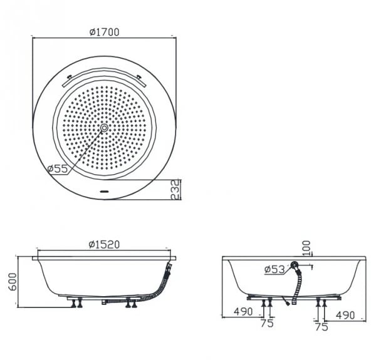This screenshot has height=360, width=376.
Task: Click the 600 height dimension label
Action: [x=9, y=282]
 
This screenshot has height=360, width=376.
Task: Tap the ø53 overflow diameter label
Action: [x=274, y=269]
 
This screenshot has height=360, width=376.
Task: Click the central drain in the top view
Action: [x=103, y=128]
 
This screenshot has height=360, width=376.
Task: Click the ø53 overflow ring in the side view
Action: [x=295, y=269]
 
